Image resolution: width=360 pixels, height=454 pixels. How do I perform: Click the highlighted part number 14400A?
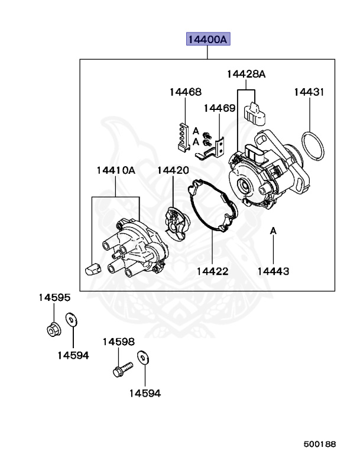[207, 40]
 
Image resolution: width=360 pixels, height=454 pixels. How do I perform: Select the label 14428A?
[246, 74]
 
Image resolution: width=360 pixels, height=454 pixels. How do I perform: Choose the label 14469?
[220, 108]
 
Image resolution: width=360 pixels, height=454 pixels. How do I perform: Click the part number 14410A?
[116, 170]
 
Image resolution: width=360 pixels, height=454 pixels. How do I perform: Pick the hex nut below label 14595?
[53, 328]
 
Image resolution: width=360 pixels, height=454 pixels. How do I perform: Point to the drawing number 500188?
[320, 443]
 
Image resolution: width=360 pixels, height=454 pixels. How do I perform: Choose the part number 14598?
[118, 342]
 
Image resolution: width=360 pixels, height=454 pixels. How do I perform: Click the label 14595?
[54, 297]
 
